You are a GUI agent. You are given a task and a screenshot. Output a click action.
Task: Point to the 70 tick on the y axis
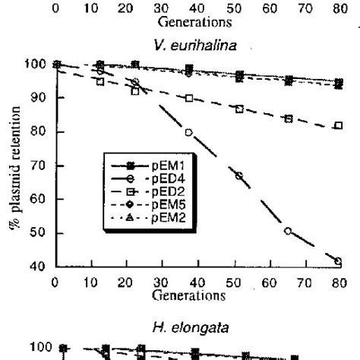(39, 166)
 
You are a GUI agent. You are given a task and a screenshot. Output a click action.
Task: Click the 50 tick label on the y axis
(39, 233)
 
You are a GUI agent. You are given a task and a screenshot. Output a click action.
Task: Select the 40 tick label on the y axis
(39, 267)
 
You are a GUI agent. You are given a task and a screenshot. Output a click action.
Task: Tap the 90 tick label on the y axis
(39, 98)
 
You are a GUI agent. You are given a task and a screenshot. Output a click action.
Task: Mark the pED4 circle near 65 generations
(288, 231)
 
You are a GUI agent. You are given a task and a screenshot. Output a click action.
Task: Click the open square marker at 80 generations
(338, 125)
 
